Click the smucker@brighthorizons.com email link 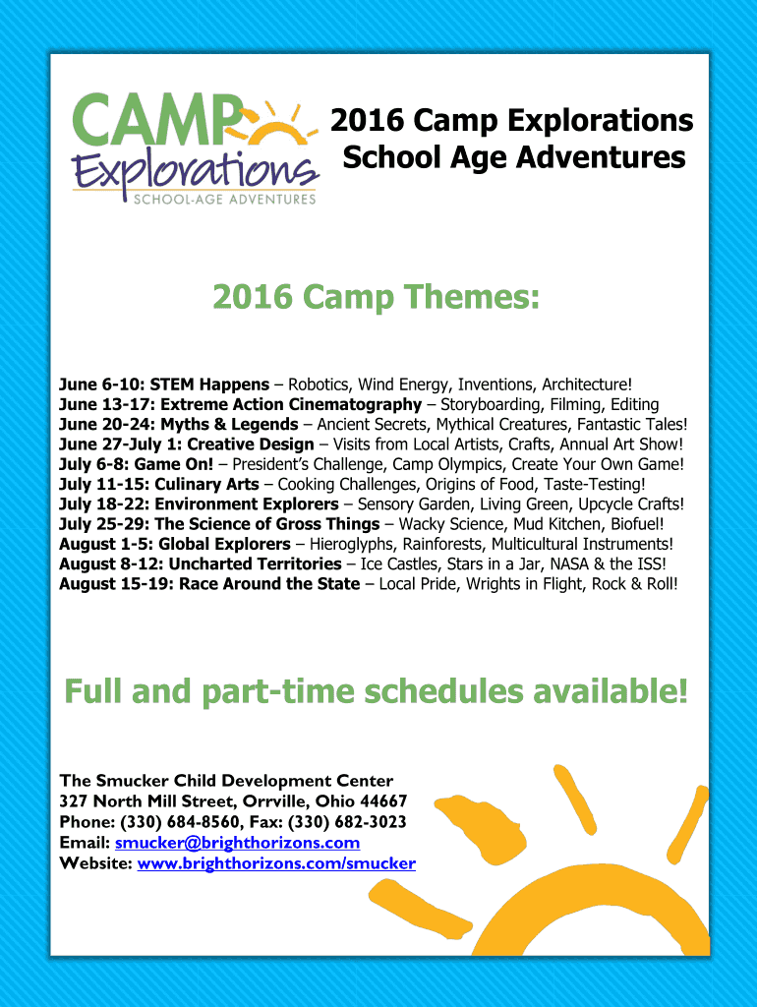(x=237, y=843)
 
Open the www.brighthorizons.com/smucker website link (x=276, y=863)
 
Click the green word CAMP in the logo (x=158, y=119)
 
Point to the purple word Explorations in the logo (x=196, y=172)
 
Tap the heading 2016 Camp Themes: (x=377, y=297)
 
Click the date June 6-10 (x=101, y=385)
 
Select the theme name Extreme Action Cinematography (x=291, y=404)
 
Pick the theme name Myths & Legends (x=229, y=425)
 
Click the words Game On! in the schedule (x=173, y=464)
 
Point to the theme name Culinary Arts (x=206, y=484)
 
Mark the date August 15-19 (x=114, y=584)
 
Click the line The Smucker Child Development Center (x=227, y=781)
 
